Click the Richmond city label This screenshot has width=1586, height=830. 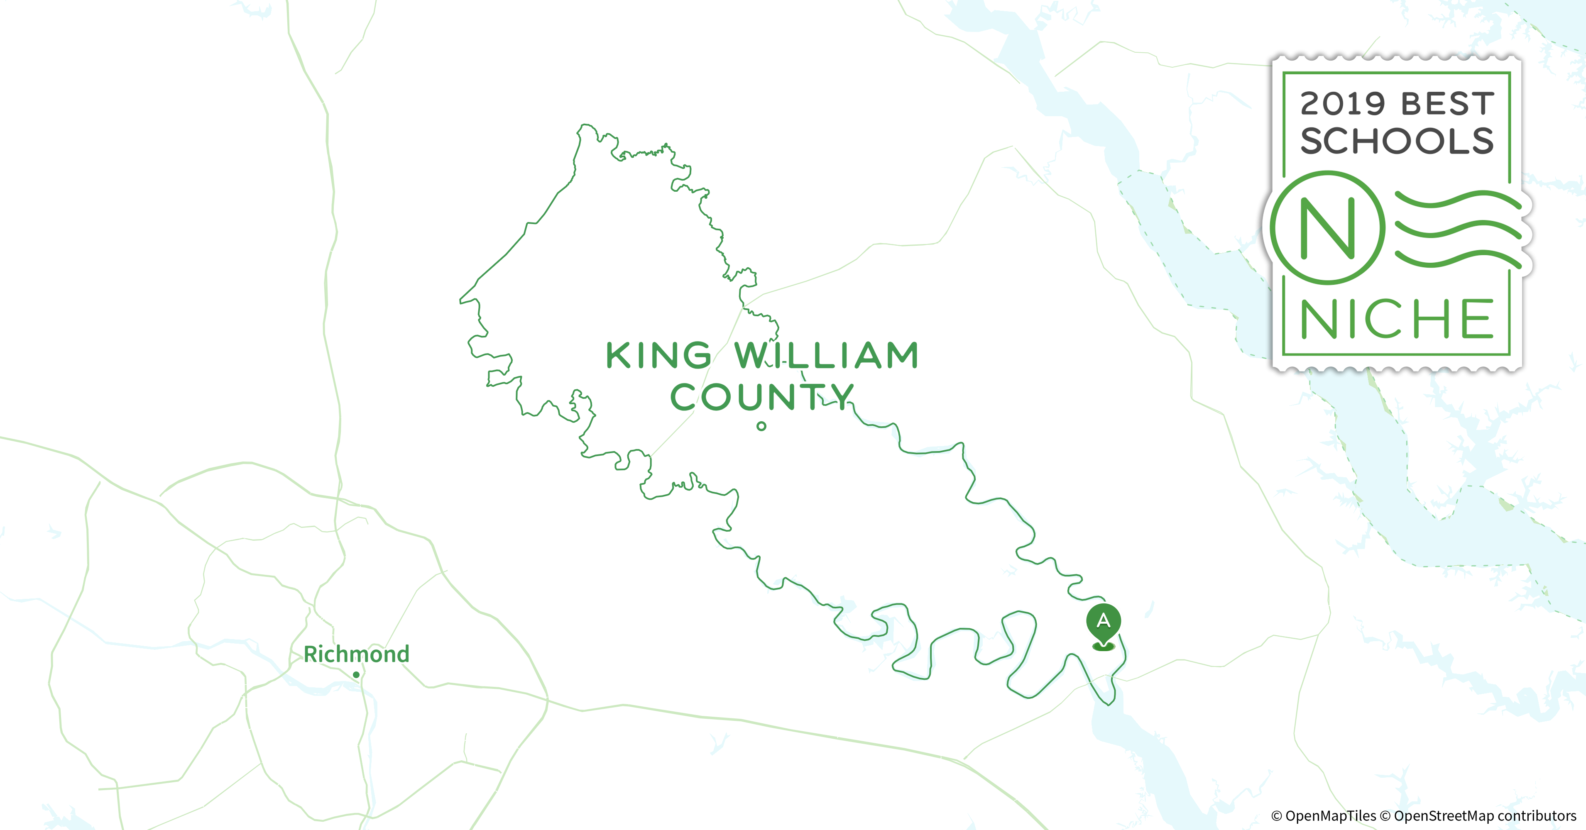(357, 654)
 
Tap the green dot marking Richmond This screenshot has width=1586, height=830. (356, 675)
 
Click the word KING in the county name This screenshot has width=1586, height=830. (659, 356)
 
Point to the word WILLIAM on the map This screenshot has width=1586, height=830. (827, 356)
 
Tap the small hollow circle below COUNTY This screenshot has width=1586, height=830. (761, 426)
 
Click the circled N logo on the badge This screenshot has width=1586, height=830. (1328, 228)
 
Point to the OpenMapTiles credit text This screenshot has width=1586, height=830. (1324, 816)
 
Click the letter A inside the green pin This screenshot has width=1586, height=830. (1103, 620)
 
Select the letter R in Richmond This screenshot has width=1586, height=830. (311, 654)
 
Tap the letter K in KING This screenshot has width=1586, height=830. (619, 356)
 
